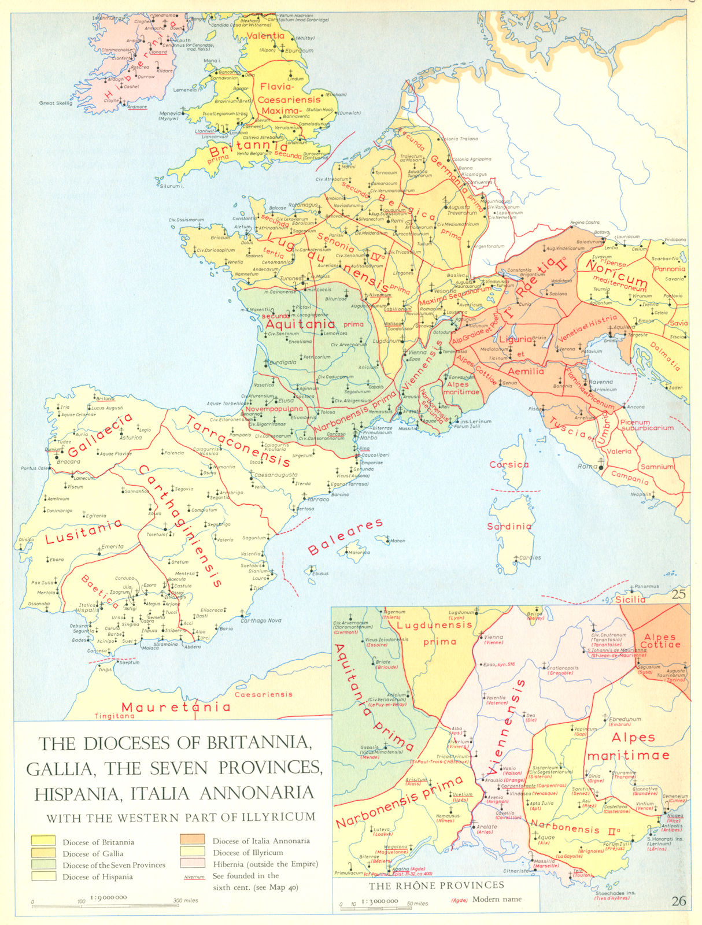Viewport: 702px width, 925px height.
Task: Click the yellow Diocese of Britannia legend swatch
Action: tap(43, 841)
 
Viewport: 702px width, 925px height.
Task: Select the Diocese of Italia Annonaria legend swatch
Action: tap(192, 839)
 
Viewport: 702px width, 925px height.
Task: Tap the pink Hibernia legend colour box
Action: tap(192, 863)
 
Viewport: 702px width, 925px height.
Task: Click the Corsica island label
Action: tap(509, 464)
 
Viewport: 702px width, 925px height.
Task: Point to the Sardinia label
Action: tap(509, 526)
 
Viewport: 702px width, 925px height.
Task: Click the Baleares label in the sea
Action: tap(345, 537)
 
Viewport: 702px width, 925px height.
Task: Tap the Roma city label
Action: tap(587, 467)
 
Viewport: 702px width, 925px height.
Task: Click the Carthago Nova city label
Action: tap(261, 620)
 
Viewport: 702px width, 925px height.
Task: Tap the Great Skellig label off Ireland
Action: tap(56, 103)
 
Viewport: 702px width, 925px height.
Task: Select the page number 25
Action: tap(679, 593)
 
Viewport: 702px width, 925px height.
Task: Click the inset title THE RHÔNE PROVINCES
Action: tap(436, 885)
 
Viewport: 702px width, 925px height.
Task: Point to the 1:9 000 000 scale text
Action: tap(108, 897)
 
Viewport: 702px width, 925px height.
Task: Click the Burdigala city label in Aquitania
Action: tap(282, 362)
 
